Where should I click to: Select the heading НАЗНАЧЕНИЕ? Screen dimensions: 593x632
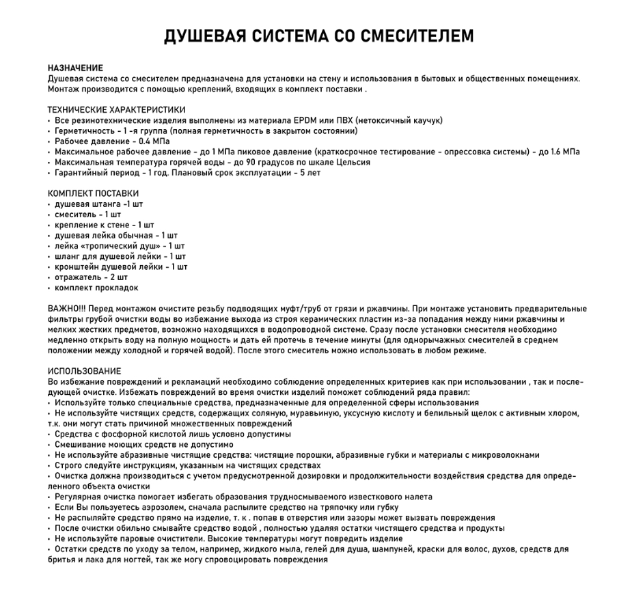[75, 68]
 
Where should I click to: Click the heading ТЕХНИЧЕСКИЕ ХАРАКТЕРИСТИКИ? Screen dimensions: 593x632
[116, 109]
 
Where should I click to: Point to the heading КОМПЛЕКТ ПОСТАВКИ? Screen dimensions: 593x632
[93, 193]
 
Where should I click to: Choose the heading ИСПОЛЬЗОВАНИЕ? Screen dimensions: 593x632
[84, 371]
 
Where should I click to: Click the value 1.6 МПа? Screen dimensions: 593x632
[565, 152]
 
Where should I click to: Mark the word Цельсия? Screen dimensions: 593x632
[353, 162]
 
